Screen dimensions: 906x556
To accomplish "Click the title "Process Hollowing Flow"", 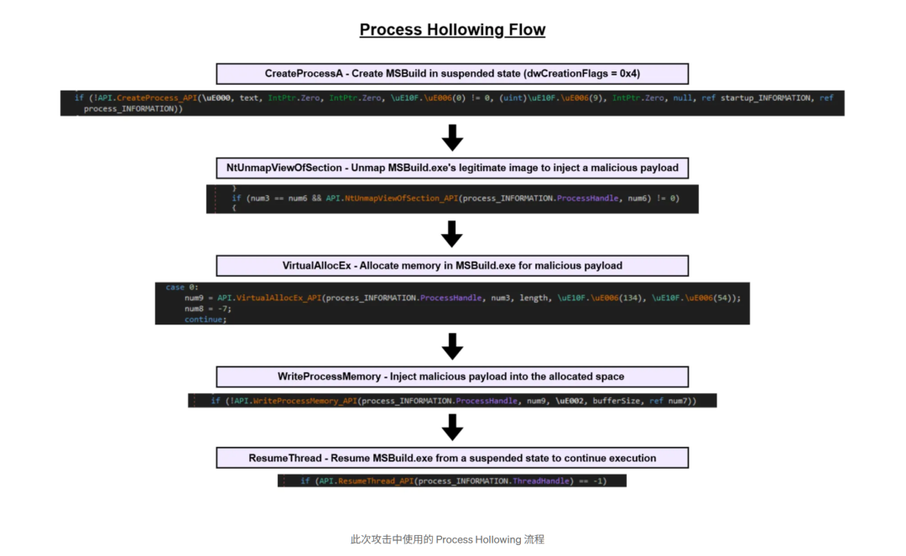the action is click(x=452, y=30).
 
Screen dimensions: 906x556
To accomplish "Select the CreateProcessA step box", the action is click(x=452, y=74).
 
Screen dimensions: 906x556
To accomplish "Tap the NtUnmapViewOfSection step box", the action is click(x=452, y=168).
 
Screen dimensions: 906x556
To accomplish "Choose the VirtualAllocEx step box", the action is click(x=452, y=266).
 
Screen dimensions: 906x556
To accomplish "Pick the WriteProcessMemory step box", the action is click(x=452, y=377).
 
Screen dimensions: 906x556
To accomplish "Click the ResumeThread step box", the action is click(x=452, y=458).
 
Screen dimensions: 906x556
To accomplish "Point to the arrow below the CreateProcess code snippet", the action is click(x=452, y=137).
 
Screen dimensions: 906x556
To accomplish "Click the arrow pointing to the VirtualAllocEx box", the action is click(x=452, y=233).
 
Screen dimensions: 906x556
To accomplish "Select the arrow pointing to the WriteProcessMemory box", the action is click(x=452, y=346).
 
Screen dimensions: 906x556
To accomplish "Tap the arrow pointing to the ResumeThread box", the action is click(x=452, y=427).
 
